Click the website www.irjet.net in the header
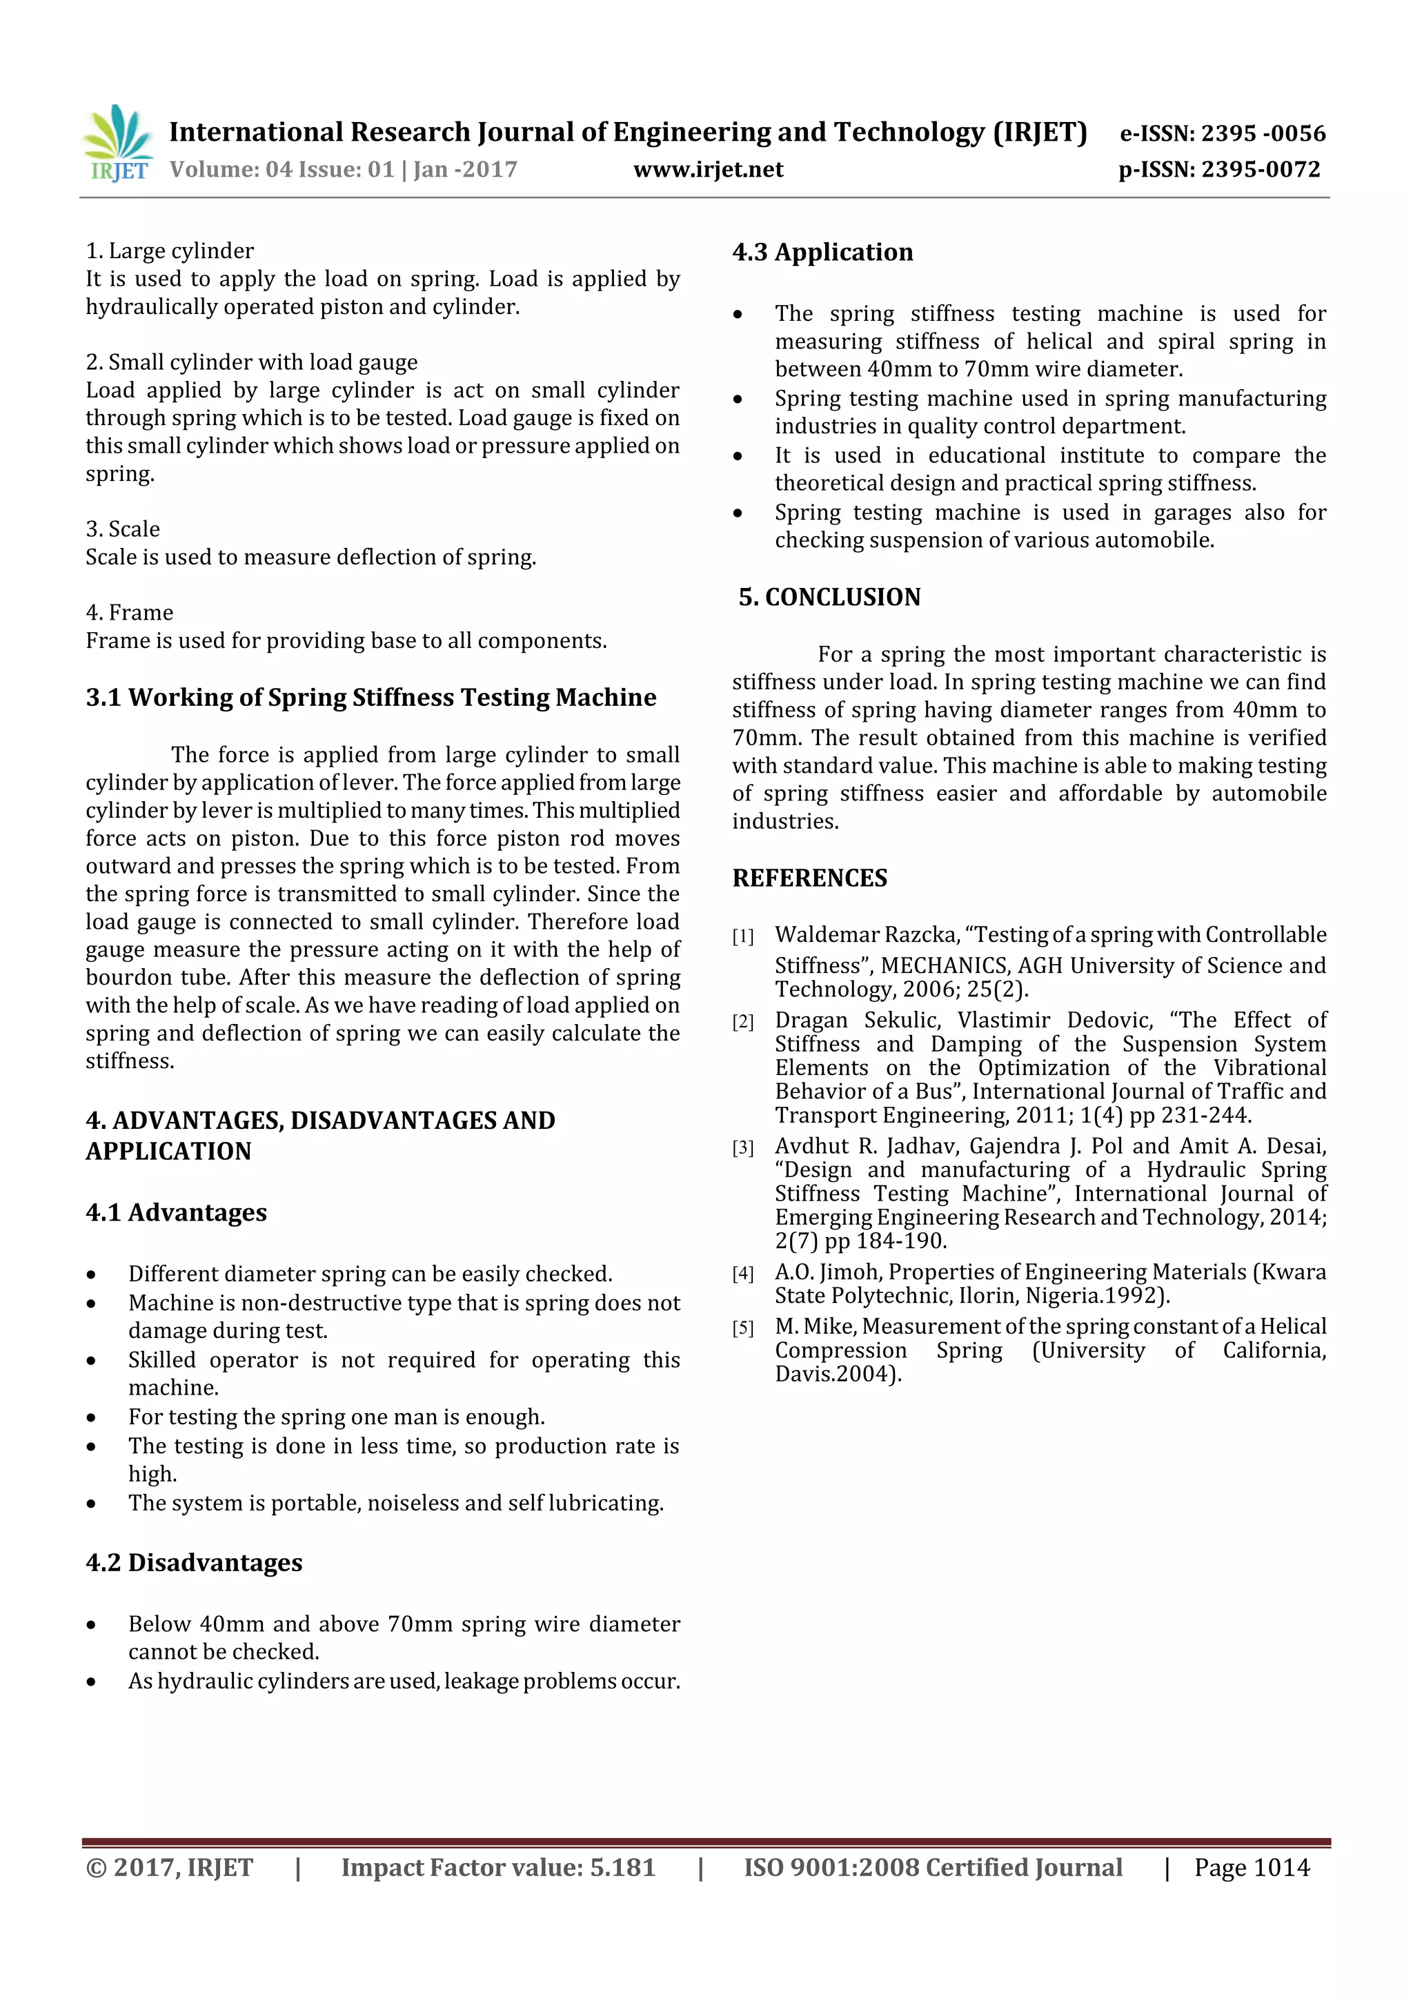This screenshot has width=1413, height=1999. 708,169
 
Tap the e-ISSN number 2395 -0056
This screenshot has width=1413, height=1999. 1263,133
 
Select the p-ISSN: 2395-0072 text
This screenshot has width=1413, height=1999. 1219,169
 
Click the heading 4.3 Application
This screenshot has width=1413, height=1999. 822,253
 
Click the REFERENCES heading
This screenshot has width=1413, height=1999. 810,878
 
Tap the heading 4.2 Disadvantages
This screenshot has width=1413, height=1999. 193,1562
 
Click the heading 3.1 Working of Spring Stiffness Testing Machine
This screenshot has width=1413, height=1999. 371,698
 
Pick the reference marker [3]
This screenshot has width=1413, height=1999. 742,1148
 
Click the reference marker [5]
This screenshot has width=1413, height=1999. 742,1328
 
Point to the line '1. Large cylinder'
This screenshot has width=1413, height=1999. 170,250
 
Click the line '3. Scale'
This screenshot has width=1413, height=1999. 123,529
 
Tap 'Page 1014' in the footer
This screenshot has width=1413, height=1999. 1251,1867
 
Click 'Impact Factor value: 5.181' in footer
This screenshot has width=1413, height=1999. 498,1867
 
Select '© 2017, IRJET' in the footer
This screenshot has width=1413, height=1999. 170,1867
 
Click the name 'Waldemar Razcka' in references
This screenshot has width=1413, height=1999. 865,934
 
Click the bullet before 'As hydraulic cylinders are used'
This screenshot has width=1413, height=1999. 91,1682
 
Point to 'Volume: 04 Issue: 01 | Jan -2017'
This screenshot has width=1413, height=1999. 343,169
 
